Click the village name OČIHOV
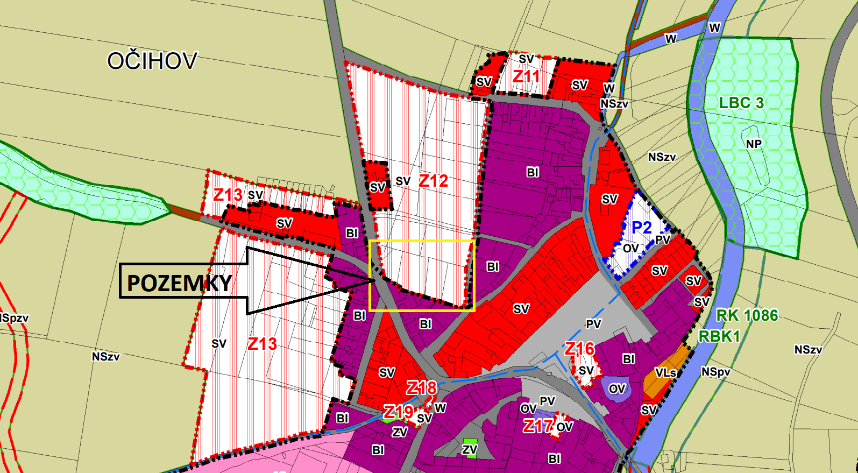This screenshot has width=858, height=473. click(152, 61)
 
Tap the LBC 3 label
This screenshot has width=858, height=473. click(741, 103)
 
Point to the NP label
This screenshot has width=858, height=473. click(754, 144)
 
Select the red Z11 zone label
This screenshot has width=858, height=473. click(526, 76)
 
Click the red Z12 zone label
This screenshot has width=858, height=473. click(433, 181)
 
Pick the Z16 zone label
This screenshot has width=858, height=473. click(579, 349)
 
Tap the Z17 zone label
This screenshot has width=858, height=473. click(538, 426)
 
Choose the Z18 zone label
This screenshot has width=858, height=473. click(421, 388)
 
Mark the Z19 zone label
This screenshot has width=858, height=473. click(398, 412)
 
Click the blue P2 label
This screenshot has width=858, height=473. click(641, 228)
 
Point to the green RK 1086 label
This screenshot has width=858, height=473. click(747, 315)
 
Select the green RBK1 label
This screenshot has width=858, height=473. click(719, 337)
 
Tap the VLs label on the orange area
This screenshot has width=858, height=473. click(665, 372)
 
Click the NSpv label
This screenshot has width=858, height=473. click(715, 372)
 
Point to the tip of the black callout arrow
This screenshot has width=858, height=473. click(374, 280)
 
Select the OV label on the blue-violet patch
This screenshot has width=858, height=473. click(617, 389)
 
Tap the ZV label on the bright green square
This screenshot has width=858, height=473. click(470, 449)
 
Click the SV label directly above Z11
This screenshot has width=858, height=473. click(526, 59)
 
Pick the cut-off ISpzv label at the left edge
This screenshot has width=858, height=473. click(14, 318)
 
